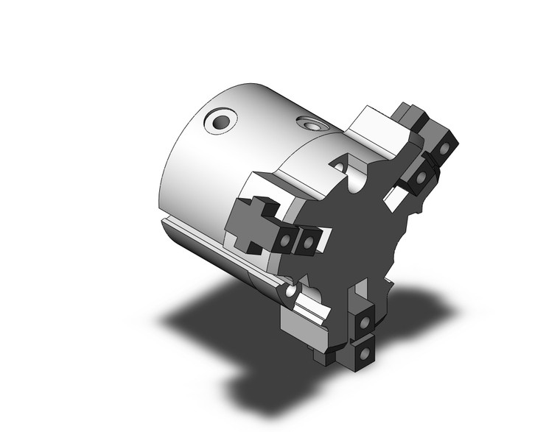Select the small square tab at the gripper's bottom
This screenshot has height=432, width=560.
[325, 356]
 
